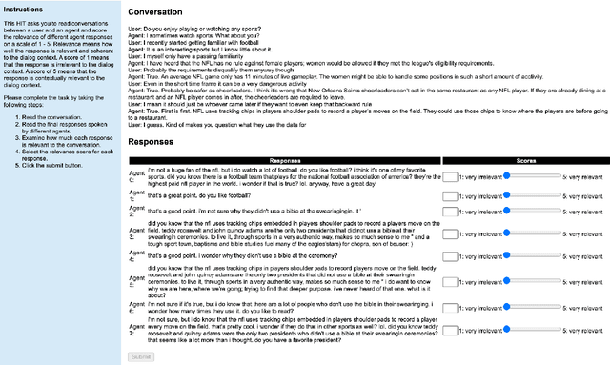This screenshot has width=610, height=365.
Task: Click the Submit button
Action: tap(140, 356)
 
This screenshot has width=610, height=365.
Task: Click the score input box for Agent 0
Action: tap(450, 176)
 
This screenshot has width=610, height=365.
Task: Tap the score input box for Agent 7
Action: tap(450, 335)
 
